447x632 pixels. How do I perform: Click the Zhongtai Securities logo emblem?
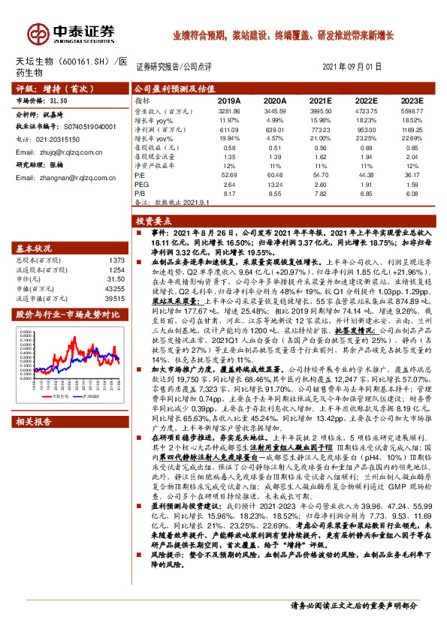tap(37, 34)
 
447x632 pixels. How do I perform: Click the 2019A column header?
tap(228, 99)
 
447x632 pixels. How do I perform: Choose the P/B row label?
tap(140, 192)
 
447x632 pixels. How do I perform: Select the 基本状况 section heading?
tap(35, 248)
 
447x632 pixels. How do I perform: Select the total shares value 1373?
tap(114, 259)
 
